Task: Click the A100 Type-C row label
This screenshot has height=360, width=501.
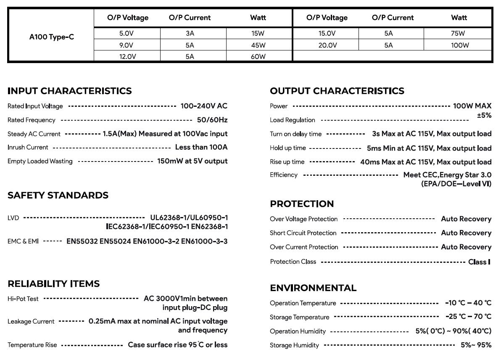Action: click(x=51, y=37)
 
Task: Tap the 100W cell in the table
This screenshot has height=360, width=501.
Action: click(x=459, y=45)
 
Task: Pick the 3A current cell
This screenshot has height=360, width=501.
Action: click(x=190, y=33)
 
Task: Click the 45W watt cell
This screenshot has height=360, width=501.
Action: click(x=258, y=45)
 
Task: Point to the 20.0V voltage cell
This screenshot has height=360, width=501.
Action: click(x=327, y=45)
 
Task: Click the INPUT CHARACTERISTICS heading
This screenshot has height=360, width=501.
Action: click(x=69, y=91)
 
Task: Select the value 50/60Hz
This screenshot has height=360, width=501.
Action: click(x=212, y=120)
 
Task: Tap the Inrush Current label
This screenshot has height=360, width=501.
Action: click(x=28, y=148)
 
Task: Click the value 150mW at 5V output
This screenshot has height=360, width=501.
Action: click(x=192, y=161)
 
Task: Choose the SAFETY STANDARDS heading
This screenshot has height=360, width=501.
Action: click(x=58, y=195)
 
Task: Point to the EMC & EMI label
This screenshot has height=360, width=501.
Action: click(x=23, y=241)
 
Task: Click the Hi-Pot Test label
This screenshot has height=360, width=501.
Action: click(x=23, y=299)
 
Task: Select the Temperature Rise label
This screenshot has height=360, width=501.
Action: click(x=32, y=345)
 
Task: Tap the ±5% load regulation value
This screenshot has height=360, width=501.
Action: click(x=484, y=115)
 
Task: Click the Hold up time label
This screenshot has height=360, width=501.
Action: click(x=287, y=148)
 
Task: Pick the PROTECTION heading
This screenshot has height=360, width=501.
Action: click(x=301, y=204)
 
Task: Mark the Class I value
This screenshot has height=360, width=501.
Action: click(x=479, y=262)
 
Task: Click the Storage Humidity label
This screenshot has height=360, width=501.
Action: click(x=294, y=345)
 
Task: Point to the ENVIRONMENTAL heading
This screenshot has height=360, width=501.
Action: click(x=313, y=288)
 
